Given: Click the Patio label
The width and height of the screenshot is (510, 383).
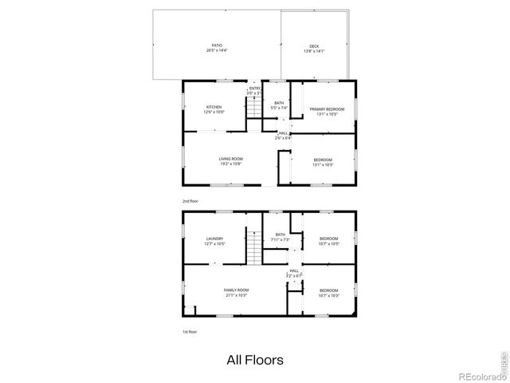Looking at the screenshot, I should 217,48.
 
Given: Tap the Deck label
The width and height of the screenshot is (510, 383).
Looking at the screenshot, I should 314,48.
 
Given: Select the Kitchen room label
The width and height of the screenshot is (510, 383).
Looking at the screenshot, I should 214,109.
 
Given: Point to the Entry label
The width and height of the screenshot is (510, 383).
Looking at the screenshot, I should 255,91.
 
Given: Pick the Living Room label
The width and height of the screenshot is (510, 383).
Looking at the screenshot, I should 231,161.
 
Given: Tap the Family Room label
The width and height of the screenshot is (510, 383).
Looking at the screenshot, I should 236,292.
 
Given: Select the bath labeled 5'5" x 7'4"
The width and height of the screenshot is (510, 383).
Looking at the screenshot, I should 279,105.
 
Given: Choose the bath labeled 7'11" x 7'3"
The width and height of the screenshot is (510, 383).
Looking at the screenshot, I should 280,237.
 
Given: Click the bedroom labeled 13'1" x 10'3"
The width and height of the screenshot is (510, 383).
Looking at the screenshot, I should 323,162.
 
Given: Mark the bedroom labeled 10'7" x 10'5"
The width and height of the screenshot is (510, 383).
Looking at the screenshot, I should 329,240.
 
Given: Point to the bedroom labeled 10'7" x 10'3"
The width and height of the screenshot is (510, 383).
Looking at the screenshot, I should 329,292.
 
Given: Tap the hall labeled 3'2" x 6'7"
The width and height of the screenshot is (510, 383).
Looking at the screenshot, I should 294,273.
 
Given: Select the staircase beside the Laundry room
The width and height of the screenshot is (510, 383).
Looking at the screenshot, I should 253,247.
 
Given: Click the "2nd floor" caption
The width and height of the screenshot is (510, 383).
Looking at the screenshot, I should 190,200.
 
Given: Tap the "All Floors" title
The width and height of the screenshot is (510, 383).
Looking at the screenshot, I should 254,360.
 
